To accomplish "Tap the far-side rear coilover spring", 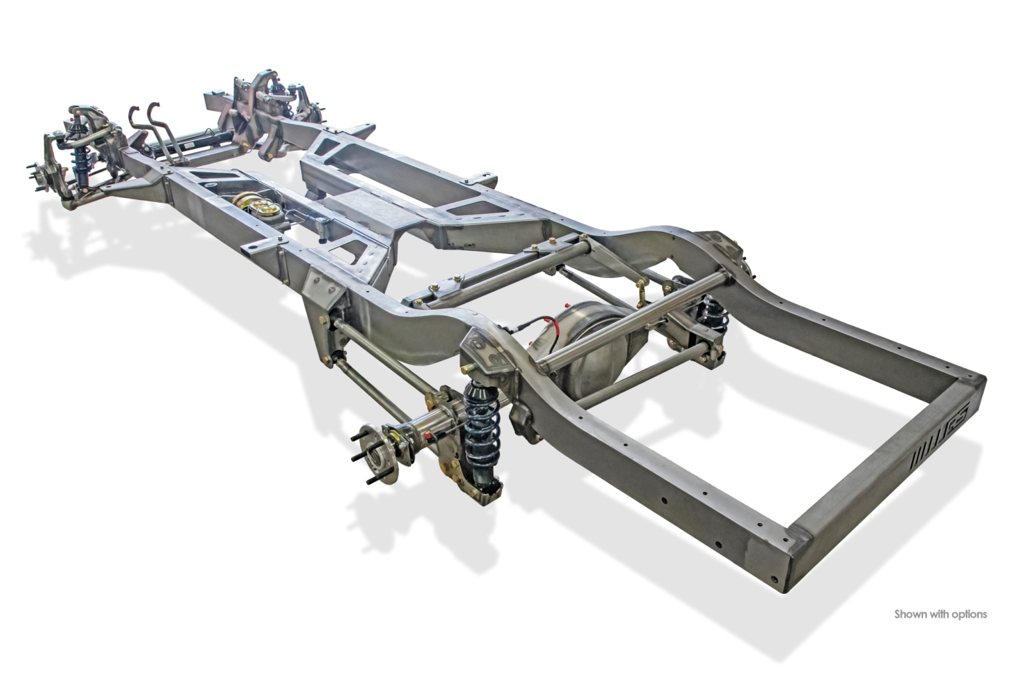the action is [x=713, y=313].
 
